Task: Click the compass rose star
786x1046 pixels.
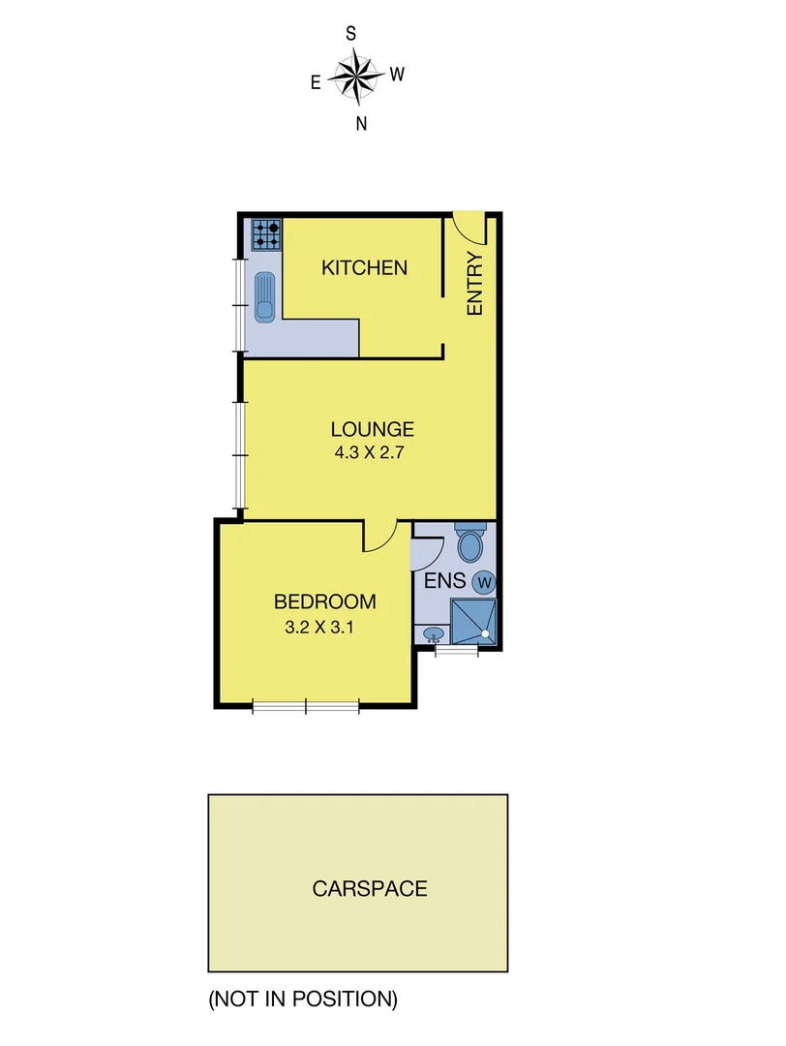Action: point(355,77)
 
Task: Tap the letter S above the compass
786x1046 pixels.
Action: point(351,34)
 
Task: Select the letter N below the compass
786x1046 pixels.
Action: point(361,123)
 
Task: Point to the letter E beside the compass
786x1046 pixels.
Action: point(316,83)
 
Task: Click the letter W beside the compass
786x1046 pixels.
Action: point(397,74)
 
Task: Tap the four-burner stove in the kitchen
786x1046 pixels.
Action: point(267,234)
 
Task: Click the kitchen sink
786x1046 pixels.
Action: point(265,296)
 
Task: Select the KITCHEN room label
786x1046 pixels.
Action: point(365,268)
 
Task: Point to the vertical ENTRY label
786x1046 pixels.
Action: point(474,284)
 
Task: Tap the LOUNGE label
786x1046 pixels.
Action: point(373,429)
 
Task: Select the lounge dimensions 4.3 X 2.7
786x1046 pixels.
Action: point(373,451)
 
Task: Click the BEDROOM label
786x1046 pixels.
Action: point(324,602)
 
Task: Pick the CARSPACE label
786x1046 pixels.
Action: point(370,888)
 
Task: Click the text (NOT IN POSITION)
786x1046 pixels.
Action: point(302,999)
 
